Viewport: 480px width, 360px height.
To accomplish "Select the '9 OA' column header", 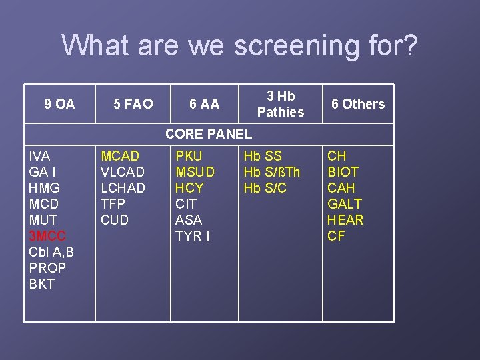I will click(x=59, y=104).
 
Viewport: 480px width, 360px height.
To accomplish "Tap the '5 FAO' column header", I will click(x=133, y=104).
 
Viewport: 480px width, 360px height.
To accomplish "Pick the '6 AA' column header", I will click(x=204, y=104).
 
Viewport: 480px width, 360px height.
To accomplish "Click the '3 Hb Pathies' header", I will click(x=281, y=104).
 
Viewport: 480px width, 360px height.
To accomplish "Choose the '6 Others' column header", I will click(x=358, y=104).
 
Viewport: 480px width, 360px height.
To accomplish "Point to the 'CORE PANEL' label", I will click(x=209, y=133).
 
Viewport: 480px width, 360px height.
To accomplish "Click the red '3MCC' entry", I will click(x=47, y=236).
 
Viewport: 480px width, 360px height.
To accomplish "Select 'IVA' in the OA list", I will click(x=39, y=156).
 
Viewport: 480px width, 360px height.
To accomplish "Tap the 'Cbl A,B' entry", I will click(x=51, y=252).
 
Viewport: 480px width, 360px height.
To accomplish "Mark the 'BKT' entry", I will click(x=41, y=284).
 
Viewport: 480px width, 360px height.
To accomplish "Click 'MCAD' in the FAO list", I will click(x=120, y=156).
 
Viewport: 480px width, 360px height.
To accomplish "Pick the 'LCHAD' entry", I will click(x=123, y=188).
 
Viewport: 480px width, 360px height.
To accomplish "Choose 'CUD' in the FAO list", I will click(x=115, y=220).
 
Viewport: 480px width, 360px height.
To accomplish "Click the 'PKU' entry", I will click(x=189, y=156).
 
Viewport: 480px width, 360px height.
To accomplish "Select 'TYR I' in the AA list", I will click(x=192, y=236).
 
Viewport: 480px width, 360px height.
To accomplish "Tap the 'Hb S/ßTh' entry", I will click(x=272, y=172).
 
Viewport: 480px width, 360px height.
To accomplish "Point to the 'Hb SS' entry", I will click(x=263, y=156).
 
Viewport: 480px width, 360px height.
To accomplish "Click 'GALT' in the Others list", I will click(x=345, y=204).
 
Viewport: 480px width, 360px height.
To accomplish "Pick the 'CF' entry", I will click(x=336, y=236).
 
